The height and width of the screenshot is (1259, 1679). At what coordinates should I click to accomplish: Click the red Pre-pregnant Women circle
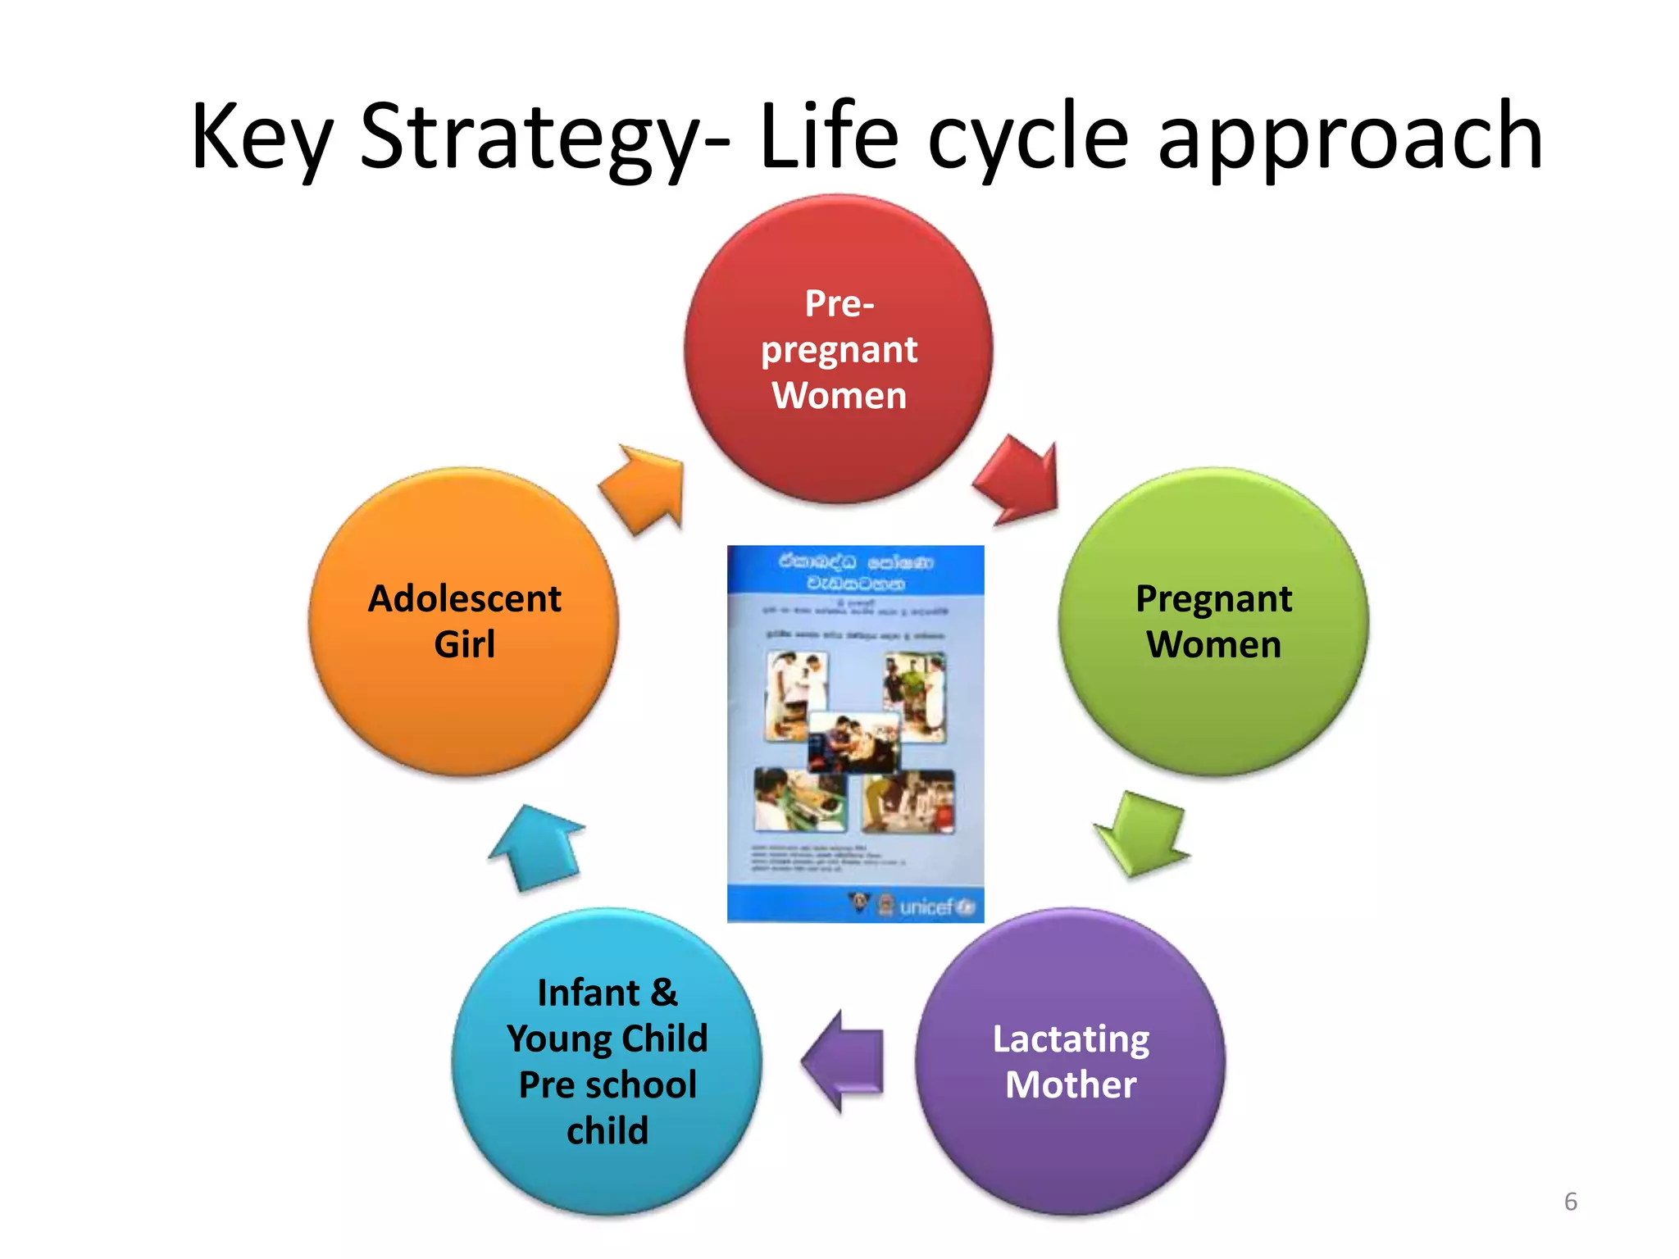coord(839,349)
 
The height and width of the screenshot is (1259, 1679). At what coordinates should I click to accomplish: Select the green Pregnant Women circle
coord(1213,622)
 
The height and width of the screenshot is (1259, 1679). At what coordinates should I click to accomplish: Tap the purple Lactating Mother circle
coord(1070,1061)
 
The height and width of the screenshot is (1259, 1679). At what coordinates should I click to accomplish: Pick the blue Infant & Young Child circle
coord(607,1061)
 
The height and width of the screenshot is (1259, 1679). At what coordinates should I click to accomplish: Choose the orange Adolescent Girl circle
coord(464,622)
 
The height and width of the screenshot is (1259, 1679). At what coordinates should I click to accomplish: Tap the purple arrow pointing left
coord(844,1061)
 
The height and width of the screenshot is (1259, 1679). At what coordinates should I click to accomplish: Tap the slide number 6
coord(1570,1202)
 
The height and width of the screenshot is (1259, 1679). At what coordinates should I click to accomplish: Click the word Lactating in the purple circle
coord(1071,1039)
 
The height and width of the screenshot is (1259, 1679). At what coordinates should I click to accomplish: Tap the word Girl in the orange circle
coord(464,644)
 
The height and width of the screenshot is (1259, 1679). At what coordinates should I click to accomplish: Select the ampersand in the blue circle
coord(665,993)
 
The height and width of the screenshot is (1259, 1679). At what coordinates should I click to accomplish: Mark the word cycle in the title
coord(1028,137)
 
